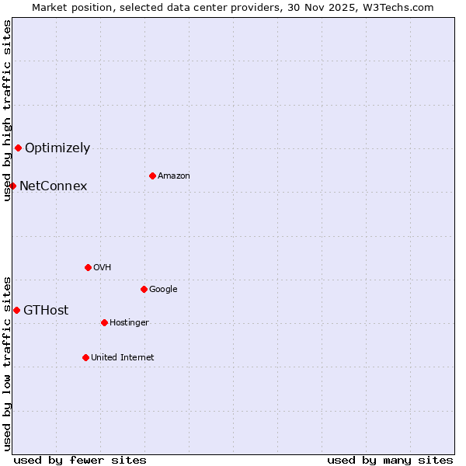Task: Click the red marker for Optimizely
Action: tap(18, 148)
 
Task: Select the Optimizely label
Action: tap(57, 148)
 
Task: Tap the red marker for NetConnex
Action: tap(12, 186)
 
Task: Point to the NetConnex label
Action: tap(53, 186)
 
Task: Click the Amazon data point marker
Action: tap(152, 176)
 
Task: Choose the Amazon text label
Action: tap(174, 176)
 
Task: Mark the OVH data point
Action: tap(88, 267)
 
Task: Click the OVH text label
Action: tap(103, 267)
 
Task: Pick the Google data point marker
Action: tap(144, 289)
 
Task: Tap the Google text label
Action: tap(163, 289)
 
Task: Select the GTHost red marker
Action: tap(16, 310)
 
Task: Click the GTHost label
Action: tap(46, 310)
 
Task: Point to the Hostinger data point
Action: tap(104, 322)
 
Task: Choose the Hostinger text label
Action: tap(129, 322)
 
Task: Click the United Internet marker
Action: tap(85, 357)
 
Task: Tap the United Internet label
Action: tap(123, 357)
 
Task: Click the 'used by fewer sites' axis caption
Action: tap(80, 460)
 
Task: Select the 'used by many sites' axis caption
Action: tap(390, 460)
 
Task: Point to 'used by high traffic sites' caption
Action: tap(7, 110)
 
